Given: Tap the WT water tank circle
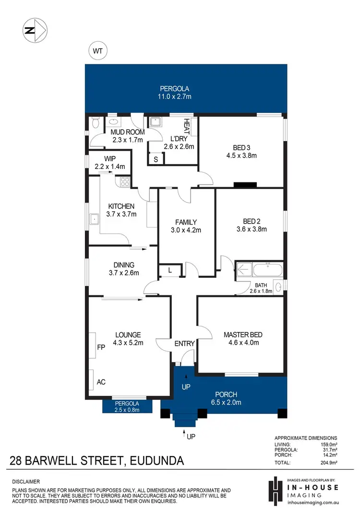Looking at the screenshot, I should click(x=98, y=50).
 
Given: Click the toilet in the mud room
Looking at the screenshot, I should click(x=95, y=125).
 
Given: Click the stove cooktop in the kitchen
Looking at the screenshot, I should click(x=124, y=182).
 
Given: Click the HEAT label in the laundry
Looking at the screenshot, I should click(x=187, y=127).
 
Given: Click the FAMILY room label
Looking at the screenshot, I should click(x=186, y=222).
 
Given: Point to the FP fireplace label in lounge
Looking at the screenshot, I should click(x=101, y=346).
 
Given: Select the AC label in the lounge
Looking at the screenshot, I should click(x=101, y=382).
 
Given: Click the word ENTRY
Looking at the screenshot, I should click(x=185, y=343).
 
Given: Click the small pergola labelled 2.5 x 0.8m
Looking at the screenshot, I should click(x=127, y=409).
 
